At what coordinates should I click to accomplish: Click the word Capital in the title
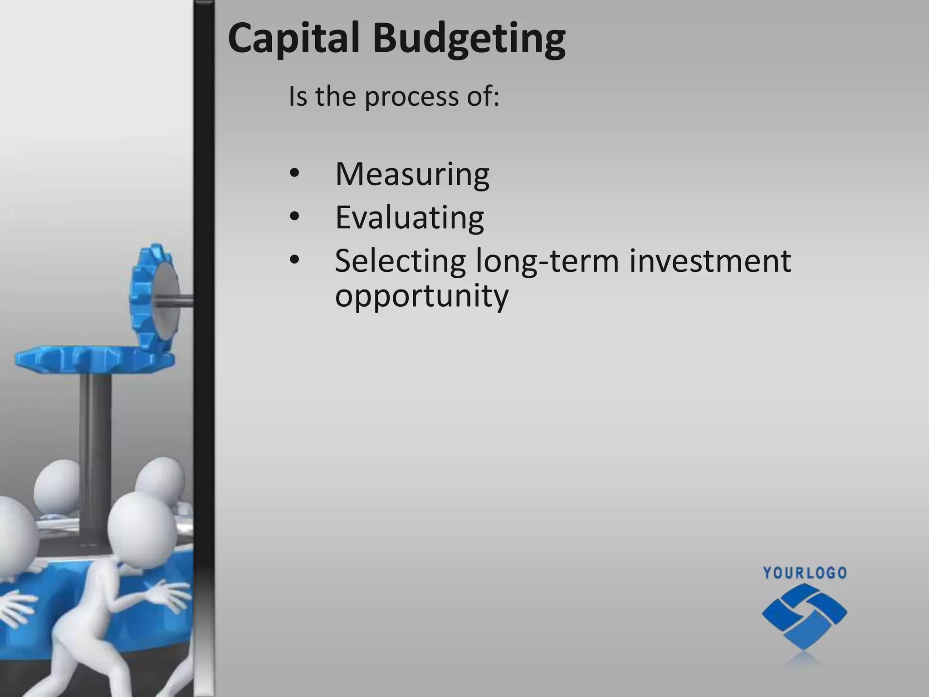[x=293, y=39]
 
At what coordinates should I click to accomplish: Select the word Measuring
[x=412, y=175]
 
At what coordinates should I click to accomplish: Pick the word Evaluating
[x=409, y=218]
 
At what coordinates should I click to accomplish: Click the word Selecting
[x=400, y=262]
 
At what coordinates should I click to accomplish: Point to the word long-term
[x=547, y=262]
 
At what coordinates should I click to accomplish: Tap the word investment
[x=710, y=261]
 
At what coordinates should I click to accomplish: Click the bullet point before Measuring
[x=294, y=174]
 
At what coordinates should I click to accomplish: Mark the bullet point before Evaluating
[x=294, y=217]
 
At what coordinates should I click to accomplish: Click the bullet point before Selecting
[x=294, y=260]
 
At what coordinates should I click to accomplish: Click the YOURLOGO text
[x=805, y=573]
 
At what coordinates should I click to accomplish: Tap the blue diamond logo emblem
[x=804, y=615]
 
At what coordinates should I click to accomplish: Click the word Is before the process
[x=298, y=97]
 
